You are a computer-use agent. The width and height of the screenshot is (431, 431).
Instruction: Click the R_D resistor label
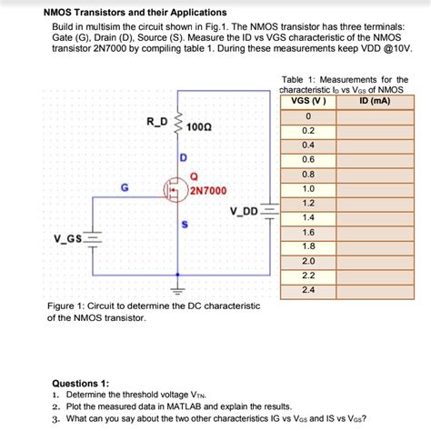pos(155,121)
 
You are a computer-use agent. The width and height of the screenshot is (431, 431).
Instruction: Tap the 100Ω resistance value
pos(200,127)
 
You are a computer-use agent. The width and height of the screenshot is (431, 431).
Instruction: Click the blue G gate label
pos(124,186)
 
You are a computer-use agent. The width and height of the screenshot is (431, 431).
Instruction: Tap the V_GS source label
pos(68,239)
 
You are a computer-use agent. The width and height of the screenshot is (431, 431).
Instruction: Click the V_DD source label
pos(245,211)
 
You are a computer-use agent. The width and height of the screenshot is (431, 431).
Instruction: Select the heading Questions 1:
pos(81,384)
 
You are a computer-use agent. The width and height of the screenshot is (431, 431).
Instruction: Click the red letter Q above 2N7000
pos(193,176)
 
